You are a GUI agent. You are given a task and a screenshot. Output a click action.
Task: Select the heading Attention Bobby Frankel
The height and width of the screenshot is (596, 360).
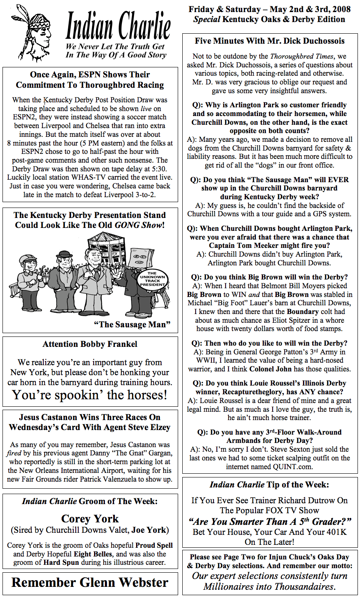pyautogui.click(x=90, y=344)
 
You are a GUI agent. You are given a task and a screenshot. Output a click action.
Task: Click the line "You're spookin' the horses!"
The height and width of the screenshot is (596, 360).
pyautogui.click(x=90, y=394)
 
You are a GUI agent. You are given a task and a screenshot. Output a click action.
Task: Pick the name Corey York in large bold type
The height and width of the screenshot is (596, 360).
pyautogui.click(x=90, y=519)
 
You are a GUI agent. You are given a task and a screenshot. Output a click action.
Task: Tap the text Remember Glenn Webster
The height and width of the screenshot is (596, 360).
pyautogui.click(x=90, y=582)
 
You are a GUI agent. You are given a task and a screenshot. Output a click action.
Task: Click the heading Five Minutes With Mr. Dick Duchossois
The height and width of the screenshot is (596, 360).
pyautogui.click(x=270, y=41)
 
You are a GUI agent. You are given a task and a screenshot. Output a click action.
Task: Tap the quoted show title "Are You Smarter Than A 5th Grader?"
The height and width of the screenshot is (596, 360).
pyautogui.click(x=270, y=522)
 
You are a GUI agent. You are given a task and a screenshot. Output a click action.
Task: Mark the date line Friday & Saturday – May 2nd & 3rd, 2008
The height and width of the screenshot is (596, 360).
pyautogui.click(x=270, y=9)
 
